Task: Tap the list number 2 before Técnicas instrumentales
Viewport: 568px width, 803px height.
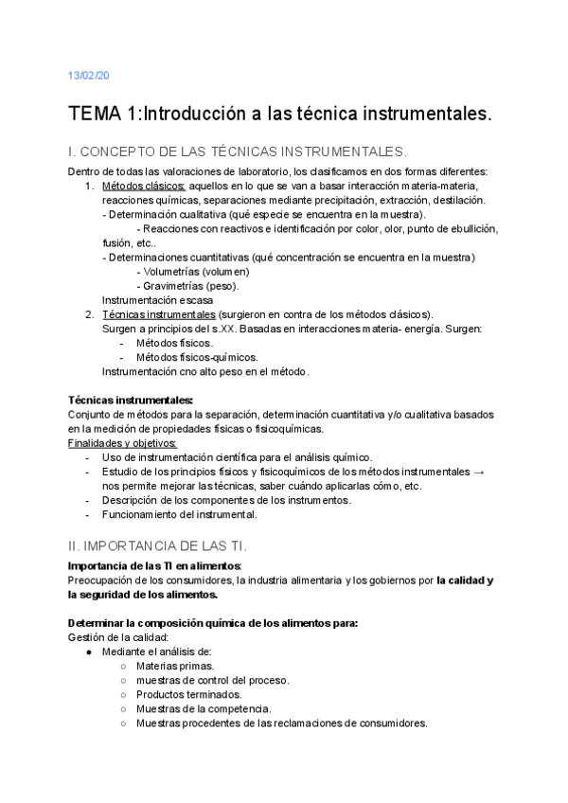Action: tap(88, 314)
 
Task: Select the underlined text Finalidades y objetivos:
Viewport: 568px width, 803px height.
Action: tap(122, 443)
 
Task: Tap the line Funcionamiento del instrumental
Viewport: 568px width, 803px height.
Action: tap(179, 514)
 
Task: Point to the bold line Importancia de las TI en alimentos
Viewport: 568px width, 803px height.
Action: tap(156, 566)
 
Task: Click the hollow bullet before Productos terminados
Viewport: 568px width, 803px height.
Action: tap(124, 694)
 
